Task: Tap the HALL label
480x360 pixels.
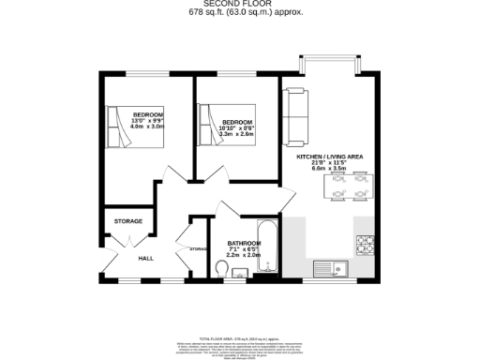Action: (146, 258)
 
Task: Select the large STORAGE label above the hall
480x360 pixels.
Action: (128, 221)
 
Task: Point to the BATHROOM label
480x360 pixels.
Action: (244, 243)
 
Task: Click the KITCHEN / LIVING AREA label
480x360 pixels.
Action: (330, 157)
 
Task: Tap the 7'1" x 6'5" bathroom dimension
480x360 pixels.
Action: (244, 249)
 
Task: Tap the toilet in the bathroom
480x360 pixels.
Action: (221, 269)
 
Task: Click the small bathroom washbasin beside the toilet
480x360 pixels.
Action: (239, 273)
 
